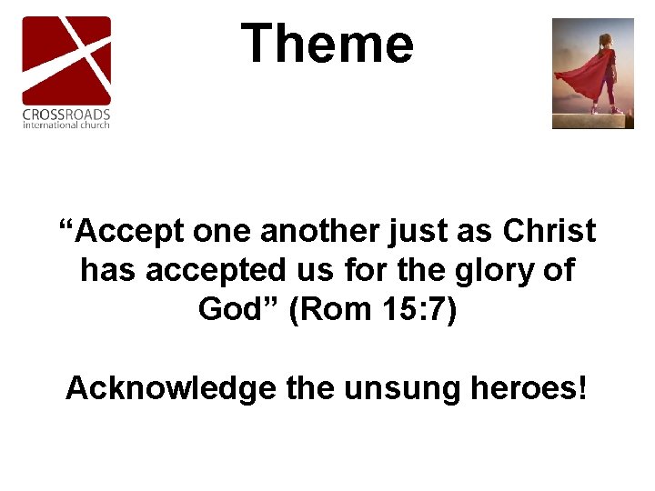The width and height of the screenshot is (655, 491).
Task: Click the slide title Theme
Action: [x=327, y=44]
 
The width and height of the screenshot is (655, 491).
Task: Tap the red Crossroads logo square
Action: [x=66, y=60]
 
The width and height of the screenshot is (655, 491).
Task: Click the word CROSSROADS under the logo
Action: [x=66, y=115]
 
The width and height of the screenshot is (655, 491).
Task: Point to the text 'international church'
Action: [x=66, y=125]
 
